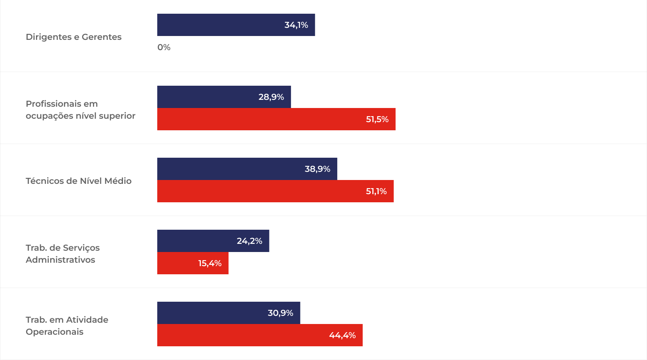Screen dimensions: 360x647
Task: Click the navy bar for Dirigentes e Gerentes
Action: coord(219,25)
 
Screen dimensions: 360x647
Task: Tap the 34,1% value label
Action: coord(296,25)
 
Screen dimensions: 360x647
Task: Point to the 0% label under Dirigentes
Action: coord(164,48)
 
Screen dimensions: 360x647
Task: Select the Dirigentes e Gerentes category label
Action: coord(74,37)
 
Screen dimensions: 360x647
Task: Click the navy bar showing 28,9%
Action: coord(206,97)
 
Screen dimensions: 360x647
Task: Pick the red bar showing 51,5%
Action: coord(257,119)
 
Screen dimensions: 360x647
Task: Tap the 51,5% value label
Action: coord(377,120)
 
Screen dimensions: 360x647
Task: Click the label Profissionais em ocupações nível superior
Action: coord(81,110)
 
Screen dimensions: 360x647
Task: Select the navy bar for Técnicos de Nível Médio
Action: coord(227,169)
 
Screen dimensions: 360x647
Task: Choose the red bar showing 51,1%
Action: coord(257,191)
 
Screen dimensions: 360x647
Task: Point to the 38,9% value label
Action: coord(317,169)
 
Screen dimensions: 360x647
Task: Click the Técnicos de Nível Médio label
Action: coord(78,181)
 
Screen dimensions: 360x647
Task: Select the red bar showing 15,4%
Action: coord(176,263)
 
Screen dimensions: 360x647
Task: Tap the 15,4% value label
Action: coord(210,264)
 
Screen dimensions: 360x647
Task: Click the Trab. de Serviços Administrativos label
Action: coord(63,254)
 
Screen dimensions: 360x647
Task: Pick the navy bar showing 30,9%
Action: coord(210,313)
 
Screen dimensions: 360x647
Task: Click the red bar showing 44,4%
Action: coord(240,335)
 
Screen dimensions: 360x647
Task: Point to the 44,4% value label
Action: coord(342,336)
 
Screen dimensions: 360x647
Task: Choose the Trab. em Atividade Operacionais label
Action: coord(67,326)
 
